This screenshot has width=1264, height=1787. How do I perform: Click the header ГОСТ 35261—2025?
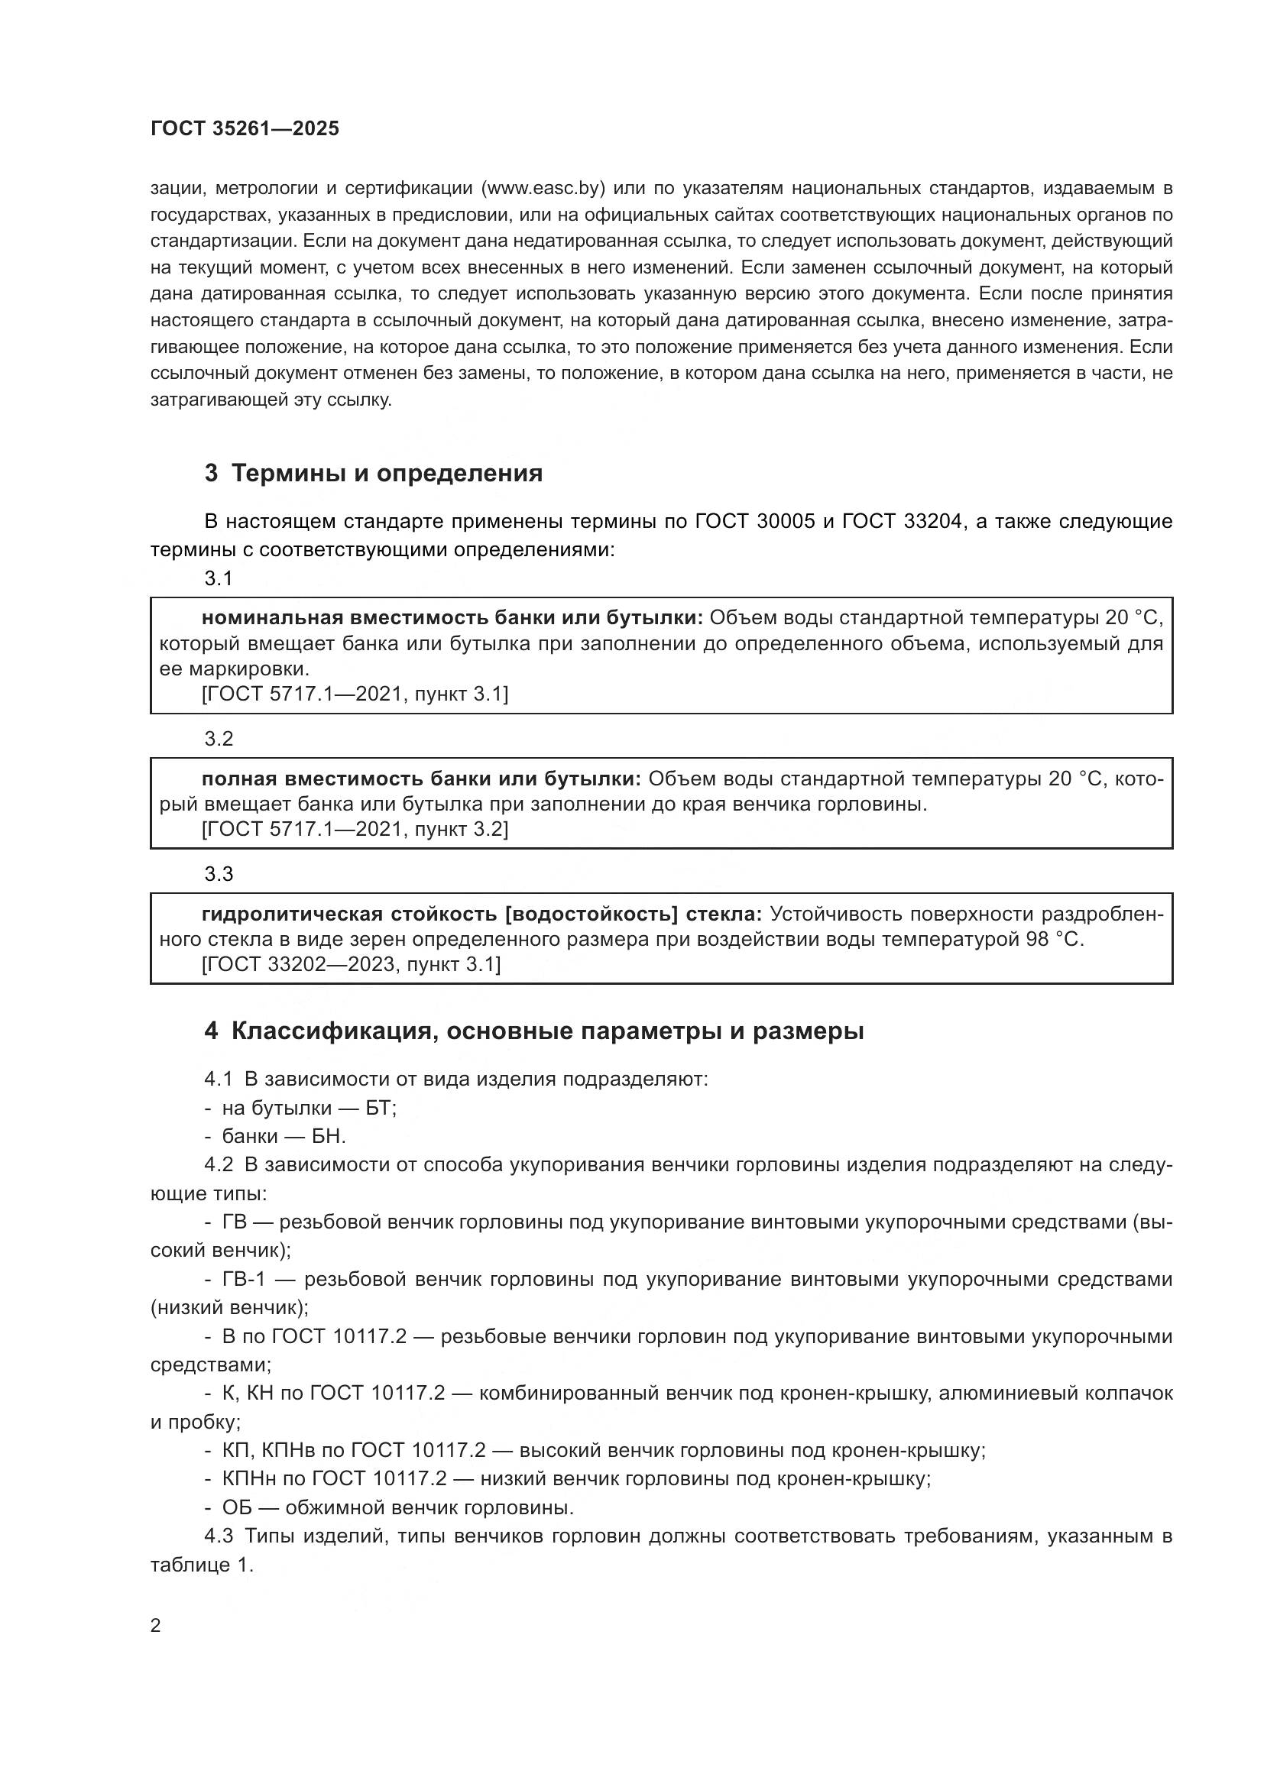pyautogui.click(x=245, y=128)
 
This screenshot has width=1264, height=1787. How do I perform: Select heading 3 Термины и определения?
pyautogui.click(x=373, y=472)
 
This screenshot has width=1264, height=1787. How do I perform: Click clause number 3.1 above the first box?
pyautogui.click(x=219, y=578)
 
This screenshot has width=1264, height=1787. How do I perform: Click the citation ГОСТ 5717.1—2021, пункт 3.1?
pyautogui.click(x=354, y=694)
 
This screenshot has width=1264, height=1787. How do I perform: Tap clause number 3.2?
pyautogui.click(x=219, y=739)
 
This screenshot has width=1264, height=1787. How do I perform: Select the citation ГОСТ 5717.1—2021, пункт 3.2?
pyautogui.click(x=354, y=829)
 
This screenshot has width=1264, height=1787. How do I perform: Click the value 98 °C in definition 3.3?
pyautogui.click(x=1052, y=940)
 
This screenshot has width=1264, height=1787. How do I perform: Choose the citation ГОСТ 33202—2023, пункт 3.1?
pyautogui.click(x=350, y=964)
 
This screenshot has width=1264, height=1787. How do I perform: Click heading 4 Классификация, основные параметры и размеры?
pyautogui.click(x=534, y=1031)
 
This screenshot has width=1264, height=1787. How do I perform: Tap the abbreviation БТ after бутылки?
pyautogui.click(x=379, y=1108)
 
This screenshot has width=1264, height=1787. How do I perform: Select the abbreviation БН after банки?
pyautogui.click(x=327, y=1135)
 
